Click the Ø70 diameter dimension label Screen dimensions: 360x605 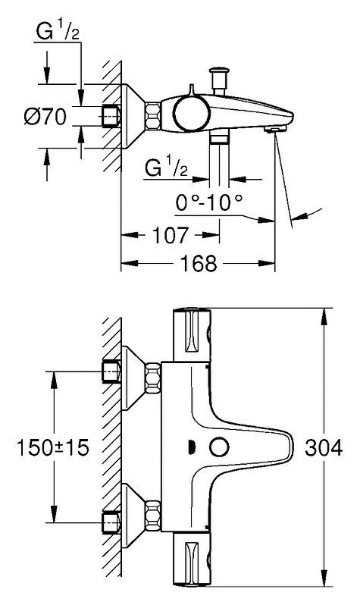45,116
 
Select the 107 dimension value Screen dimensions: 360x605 171,235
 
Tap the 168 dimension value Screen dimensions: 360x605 199,264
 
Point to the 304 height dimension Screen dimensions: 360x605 324,448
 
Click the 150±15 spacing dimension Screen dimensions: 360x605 53,448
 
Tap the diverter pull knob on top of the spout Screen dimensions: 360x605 219,80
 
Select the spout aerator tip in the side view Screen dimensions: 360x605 274,129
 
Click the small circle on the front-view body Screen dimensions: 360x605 219,447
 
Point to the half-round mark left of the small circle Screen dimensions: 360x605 191,447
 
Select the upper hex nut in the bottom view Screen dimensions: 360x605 153,378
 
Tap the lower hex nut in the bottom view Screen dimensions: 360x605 153,516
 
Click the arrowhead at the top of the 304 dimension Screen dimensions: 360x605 324,315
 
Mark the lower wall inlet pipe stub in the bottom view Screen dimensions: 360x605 111,523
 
